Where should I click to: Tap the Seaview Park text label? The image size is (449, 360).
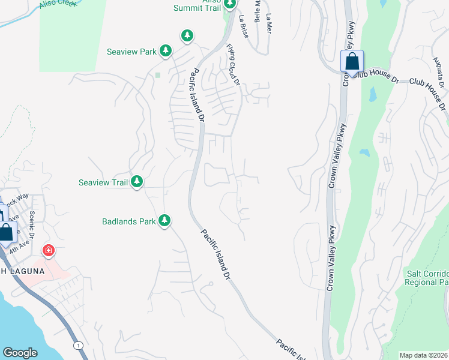click(131, 52)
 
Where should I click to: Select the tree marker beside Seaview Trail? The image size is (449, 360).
click(137, 182)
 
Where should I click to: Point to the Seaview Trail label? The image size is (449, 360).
click(104, 182)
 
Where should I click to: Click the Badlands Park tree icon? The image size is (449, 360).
click(164, 221)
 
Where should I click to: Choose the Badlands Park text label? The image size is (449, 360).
click(129, 221)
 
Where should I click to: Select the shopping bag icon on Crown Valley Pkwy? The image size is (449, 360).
click(352, 61)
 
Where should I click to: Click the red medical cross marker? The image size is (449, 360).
click(48, 250)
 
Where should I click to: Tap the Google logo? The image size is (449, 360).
click(20, 353)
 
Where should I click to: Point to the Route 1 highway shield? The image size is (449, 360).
click(78, 345)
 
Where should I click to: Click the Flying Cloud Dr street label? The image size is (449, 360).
click(234, 65)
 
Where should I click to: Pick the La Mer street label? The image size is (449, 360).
click(268, 23)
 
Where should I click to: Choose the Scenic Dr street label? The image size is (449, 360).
click(32, 224)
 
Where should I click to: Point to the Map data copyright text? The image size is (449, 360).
click(424, 355)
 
